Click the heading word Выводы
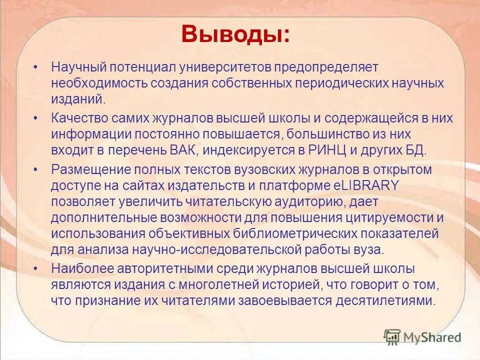tap(234, 34)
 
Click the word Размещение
tap(89, 169)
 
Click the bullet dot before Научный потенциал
tap(35, 66)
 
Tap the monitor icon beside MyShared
tap(392, 337)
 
